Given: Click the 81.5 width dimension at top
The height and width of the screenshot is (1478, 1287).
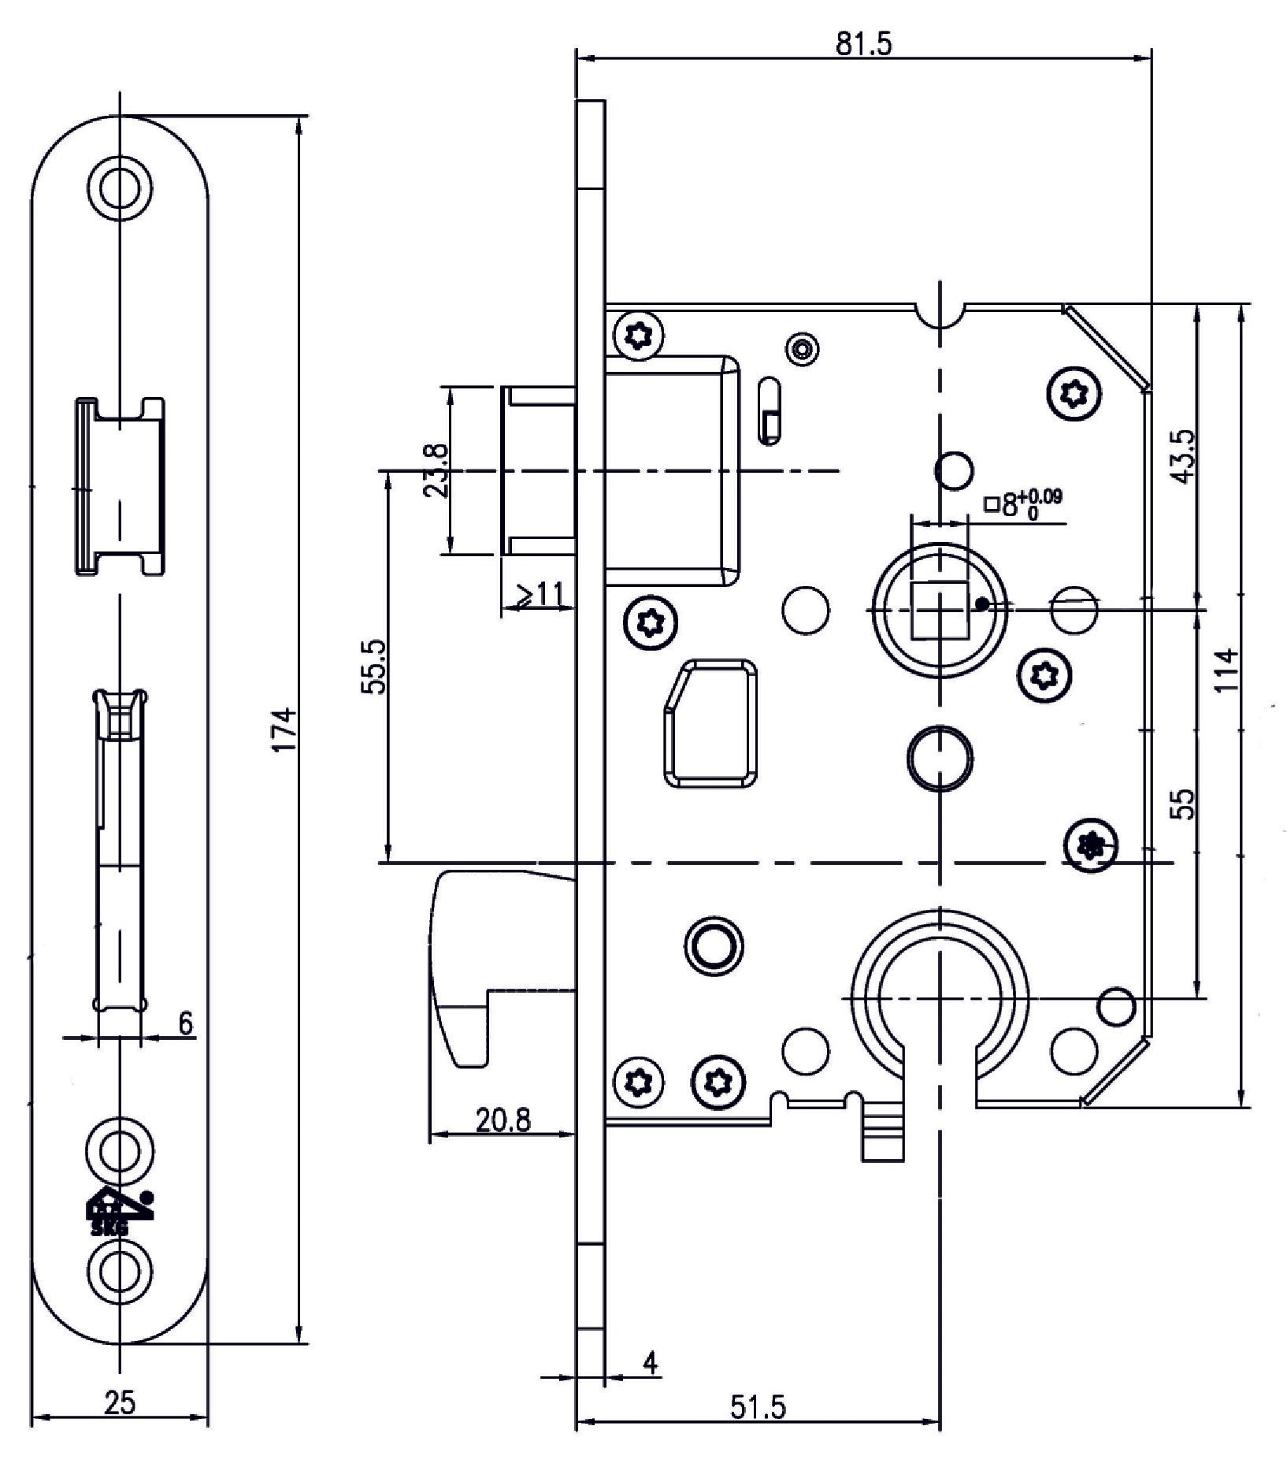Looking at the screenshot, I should [x=863, y=44].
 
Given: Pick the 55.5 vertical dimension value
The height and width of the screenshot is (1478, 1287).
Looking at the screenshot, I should [x=373, y=667].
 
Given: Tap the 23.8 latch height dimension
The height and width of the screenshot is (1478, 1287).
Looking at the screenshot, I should [x=436, y=470].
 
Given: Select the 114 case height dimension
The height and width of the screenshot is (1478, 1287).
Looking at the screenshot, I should [x=1226, y=670].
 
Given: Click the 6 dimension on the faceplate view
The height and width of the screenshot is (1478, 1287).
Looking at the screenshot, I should [x=185, y=1023].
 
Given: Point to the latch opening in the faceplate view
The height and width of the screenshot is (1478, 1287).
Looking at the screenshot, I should [x=121, y=486].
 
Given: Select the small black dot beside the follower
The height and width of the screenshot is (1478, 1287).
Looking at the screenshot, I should [x=981, y=604].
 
